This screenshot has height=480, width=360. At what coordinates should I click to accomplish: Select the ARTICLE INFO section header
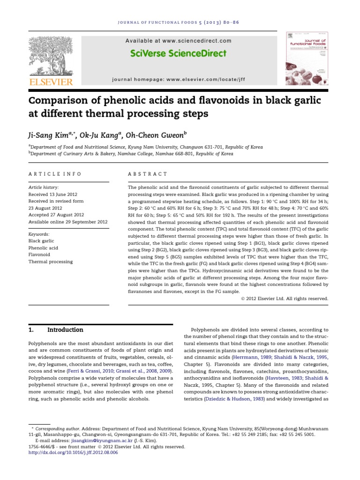[x=55, y=174]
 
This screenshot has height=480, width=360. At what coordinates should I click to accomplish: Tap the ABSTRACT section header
[x=148, y=174]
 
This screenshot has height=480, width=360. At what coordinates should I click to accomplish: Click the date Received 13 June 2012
[x=53, y=194]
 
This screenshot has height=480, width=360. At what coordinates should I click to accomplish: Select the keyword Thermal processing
[x=51, y=262]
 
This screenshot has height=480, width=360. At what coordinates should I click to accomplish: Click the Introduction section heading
[x=65, y=330]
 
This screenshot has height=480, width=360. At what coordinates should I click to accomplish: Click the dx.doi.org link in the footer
[x=73, y=453]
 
